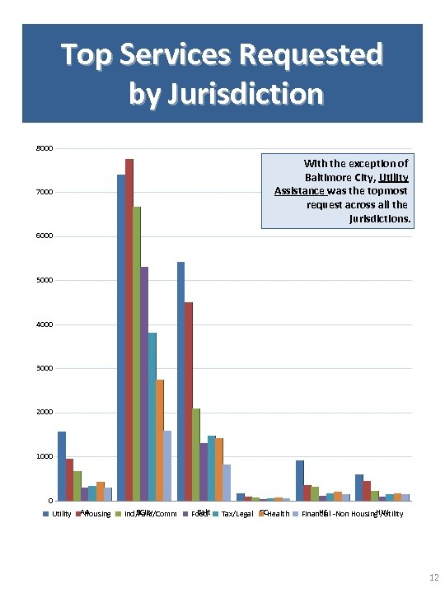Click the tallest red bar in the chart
click(x=129, y=329)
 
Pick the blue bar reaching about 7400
click(x=121, y=338)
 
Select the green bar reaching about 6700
click(x=137, y=354)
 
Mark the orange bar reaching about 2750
click(x=160, y=440)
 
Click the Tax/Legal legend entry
click(x=237, y=514)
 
